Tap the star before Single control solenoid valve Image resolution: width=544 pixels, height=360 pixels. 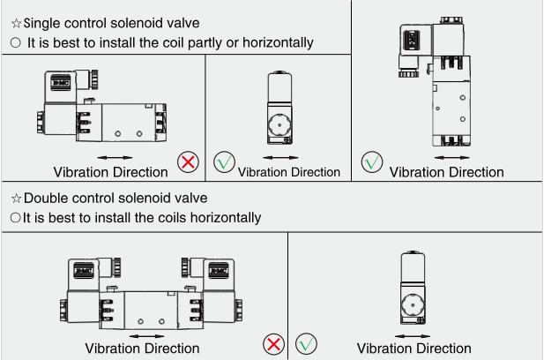click(16, 22)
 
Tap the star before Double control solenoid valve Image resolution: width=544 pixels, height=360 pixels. click(16, 198)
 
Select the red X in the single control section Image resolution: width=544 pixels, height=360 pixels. click(188, 161)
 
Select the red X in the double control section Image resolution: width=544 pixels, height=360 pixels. click(274, 343)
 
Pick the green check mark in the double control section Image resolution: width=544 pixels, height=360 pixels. click(307, 342)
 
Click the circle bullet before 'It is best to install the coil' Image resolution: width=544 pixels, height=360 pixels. click(15, 42)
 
